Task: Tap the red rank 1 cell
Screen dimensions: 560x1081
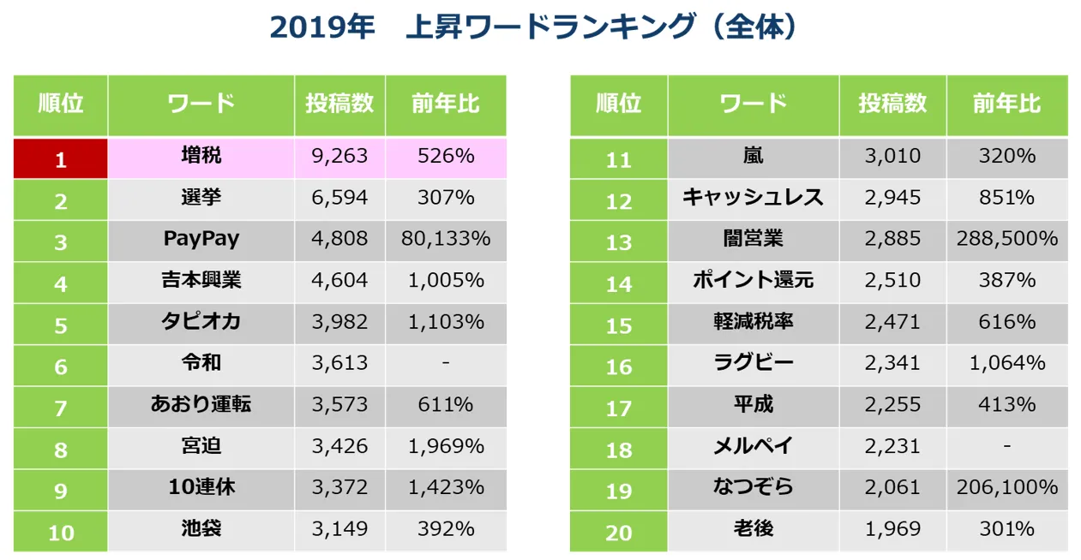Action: [60, 158]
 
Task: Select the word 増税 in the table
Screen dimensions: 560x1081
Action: [201, 157]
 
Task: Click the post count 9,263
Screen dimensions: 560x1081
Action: [339, 157]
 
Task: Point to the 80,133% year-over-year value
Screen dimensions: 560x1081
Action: [446, 239]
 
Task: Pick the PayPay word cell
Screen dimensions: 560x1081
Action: [201, 239]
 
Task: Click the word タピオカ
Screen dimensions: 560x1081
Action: [201, 322]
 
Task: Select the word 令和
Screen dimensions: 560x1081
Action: [201, 363]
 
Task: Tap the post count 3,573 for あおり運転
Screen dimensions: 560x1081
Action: [339, 405]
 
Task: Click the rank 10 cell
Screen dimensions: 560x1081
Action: [60, 532]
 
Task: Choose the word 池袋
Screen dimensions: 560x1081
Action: [201, 528]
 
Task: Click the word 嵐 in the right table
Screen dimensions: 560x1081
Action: [752, 157]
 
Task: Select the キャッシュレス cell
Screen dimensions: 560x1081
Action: [752, 198]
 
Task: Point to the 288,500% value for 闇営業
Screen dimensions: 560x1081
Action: [1006, 239]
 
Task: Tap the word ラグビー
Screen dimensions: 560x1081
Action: [752, 363]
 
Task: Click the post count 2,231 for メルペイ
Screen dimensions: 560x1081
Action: [892, 446]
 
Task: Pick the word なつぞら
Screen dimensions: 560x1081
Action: [752, 487]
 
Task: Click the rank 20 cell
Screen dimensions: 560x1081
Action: [618, 532]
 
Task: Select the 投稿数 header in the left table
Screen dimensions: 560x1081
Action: [339, 104]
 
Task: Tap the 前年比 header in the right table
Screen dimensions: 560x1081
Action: [1006, 104]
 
